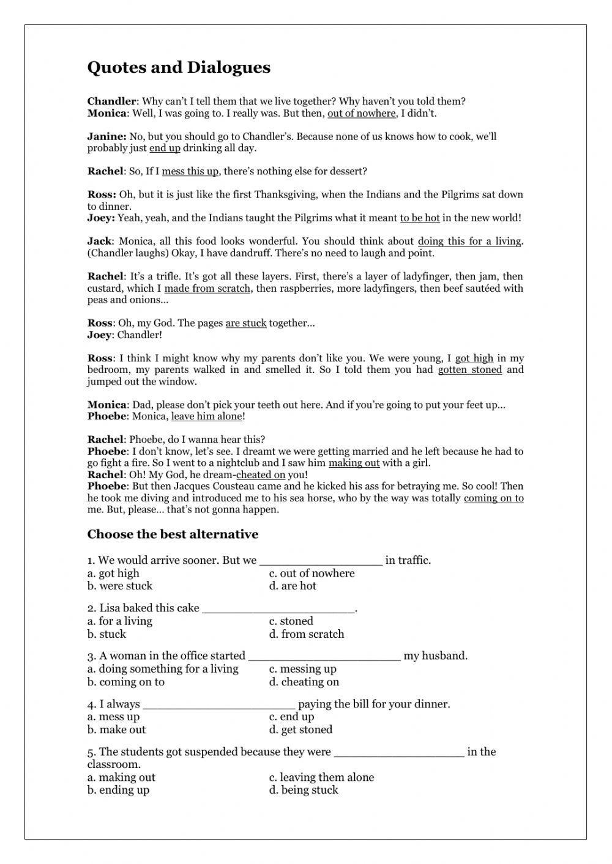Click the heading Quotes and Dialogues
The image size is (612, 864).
click(x=179, y=67)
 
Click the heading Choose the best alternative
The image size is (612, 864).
click(x=173, y=534)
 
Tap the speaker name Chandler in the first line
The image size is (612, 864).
click(x=111, y=102)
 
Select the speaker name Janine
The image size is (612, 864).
click(x=106, y=136)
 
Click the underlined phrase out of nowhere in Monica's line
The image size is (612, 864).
click(x=362, y=114)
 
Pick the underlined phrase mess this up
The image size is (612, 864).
click(x=190, y=172)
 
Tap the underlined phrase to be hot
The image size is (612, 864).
click(x=420, y=218)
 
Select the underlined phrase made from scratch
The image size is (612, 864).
click(x=207, y=289)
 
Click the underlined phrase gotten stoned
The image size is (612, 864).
click(x=470, y=370)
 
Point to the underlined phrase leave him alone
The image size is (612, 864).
click(x=207, y=417)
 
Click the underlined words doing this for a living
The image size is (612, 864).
click(x=469, y=242)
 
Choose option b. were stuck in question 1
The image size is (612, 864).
click(x=120, y=586)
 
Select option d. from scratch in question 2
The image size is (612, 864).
click(x=307, y=634)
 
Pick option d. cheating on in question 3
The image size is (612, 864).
click(x=304, y=682)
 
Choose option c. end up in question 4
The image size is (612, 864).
click(x=292, y=717)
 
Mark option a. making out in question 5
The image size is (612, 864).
click(x=121, y=777)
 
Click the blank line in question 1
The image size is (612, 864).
click(x=321, y=561)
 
